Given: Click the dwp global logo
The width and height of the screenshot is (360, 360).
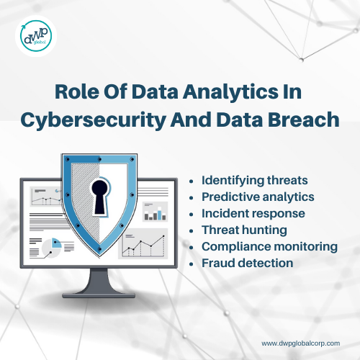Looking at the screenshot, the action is click(x=36, y=36).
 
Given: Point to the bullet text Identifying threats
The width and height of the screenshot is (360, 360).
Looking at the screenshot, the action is click(x=255, y=181).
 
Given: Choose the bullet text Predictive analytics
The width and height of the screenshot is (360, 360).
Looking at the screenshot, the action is click(x=258, y=197).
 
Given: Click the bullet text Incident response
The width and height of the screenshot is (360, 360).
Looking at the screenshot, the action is click(x=253, y=214).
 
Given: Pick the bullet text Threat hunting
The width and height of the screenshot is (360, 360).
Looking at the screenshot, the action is click(x=244, y=230).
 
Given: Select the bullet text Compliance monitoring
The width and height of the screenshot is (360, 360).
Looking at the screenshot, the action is click(x=269, y=247).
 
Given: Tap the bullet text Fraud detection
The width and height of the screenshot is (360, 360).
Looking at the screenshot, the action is click(x=247, y=264).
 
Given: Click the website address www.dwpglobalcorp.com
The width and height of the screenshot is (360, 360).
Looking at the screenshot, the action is click(x=301, y=343).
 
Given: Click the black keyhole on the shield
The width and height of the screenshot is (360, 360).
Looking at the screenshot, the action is click(x=100, y=197).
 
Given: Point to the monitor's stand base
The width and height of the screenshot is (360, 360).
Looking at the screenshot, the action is click(x=99, y=295).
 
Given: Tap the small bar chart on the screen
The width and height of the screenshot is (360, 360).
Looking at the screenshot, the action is click(x=155, y=212).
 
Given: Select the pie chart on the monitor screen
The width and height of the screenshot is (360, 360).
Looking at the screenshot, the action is click(x=52, y=248).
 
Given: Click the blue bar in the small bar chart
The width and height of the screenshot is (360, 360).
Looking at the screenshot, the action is click(x=160, y=215).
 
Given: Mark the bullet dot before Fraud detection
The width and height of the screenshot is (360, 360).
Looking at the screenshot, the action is click(x=192, y=264).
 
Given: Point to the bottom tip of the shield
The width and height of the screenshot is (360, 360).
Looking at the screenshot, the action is click(x=99, y=257).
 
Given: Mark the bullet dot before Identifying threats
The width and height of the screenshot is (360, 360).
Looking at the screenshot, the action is click(x=192, y=181).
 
